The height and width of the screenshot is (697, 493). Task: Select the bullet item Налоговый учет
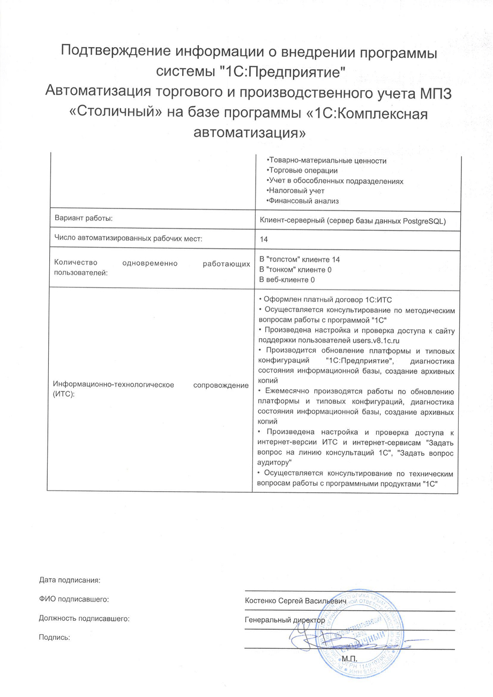[x=295, y=190]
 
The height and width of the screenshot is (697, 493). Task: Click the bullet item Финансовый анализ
[x=304, y=201]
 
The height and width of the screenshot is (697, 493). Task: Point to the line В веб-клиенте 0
[x=287, y=279]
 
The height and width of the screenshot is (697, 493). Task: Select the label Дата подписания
[x=70, y=580]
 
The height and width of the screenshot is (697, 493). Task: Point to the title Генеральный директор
[x=285, y=619]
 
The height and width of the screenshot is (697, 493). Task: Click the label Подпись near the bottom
[x=55, y=637]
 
